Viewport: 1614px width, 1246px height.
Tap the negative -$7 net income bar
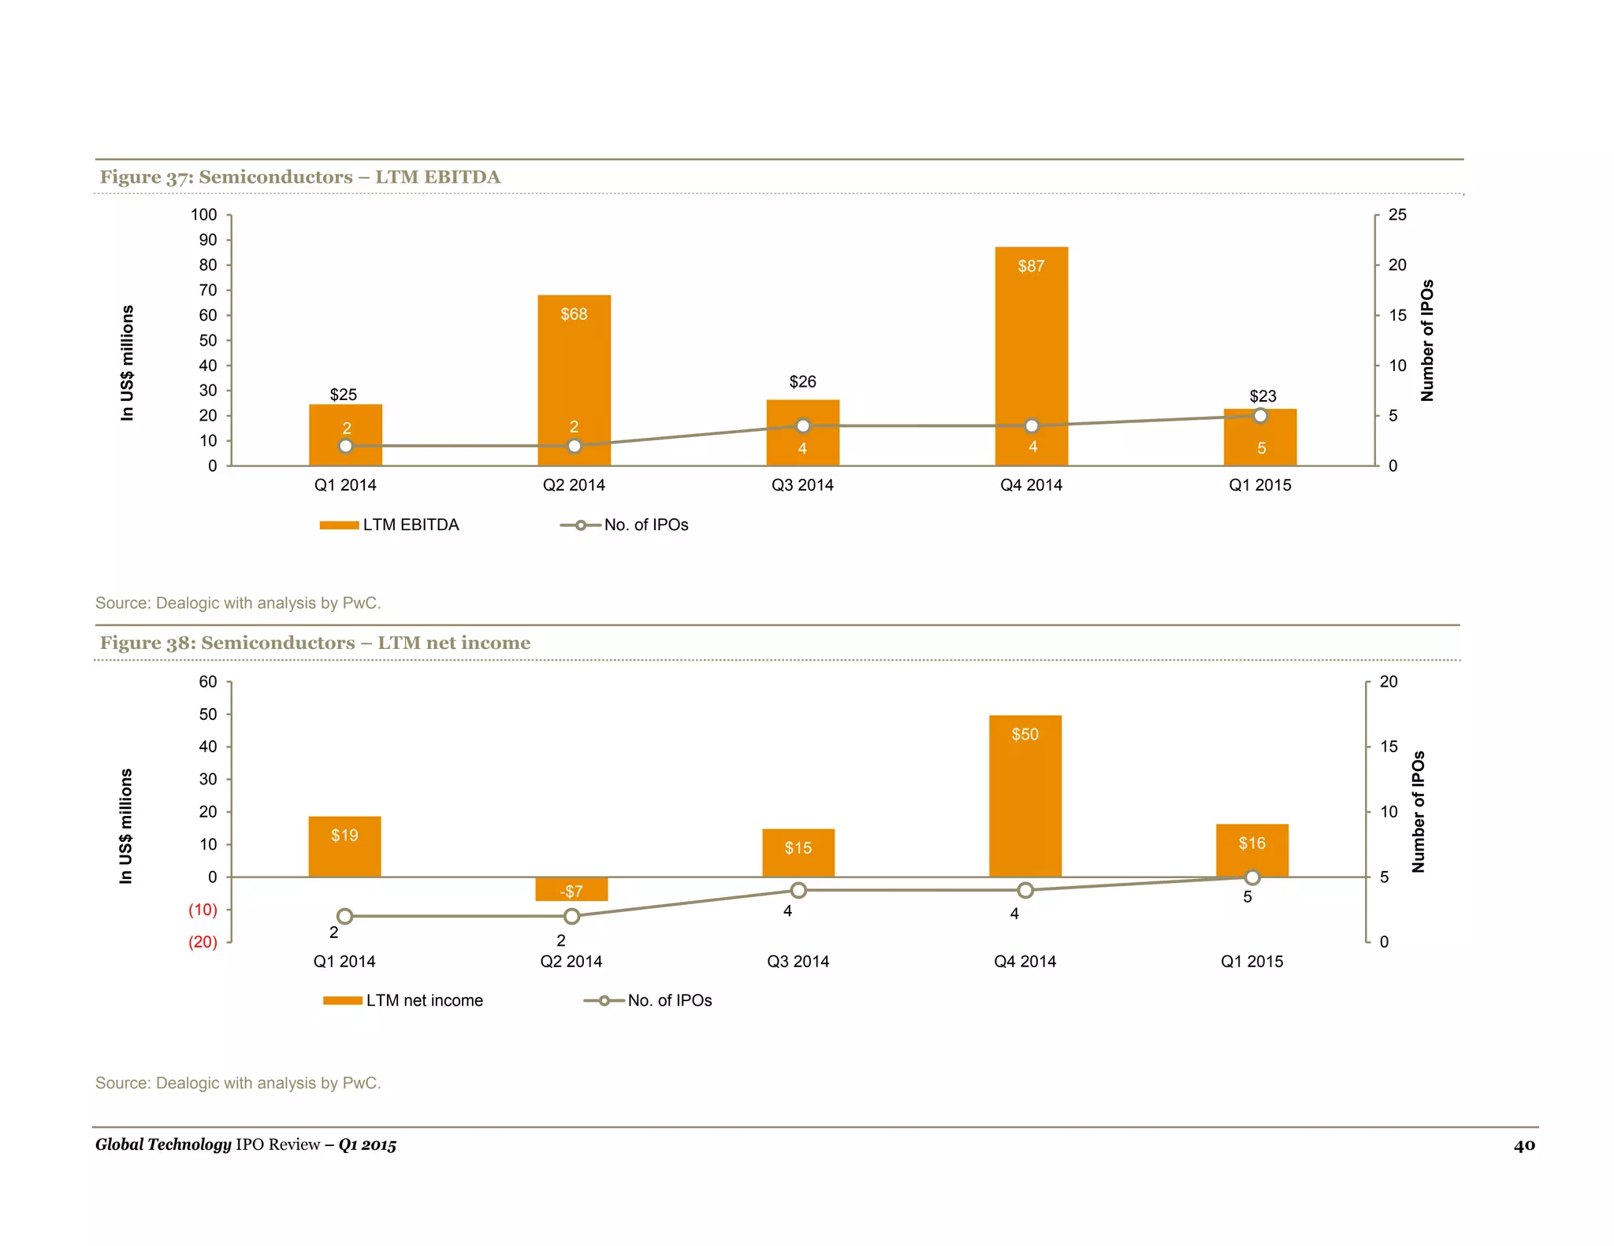tap(571, 889)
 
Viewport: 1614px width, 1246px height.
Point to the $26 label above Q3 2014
tap(802, 382)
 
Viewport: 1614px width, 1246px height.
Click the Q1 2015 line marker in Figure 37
tap(1260, 416)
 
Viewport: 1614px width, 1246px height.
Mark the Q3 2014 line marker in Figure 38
tap(798, 890)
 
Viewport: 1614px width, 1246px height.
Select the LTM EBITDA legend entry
tap(389, 525)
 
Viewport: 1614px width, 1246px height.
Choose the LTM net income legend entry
tap(403, 1001)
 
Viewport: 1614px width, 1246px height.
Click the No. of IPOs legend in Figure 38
tap(648, 1001)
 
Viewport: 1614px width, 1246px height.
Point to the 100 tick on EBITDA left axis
tap(203, 215)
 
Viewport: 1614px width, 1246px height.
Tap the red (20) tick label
tap(203, 942)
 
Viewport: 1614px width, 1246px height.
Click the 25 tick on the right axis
tap(1396, 215)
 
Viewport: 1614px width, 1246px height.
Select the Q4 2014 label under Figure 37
tap(1031, 485)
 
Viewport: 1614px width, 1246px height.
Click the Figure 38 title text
tap(315, 643)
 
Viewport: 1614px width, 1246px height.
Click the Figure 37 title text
tap(299, 177)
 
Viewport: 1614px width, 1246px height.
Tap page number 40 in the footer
tap(1524, 1145)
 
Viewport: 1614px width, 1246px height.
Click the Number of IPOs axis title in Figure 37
tap(1427, 340)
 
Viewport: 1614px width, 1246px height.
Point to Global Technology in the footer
tap(163, 1144)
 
